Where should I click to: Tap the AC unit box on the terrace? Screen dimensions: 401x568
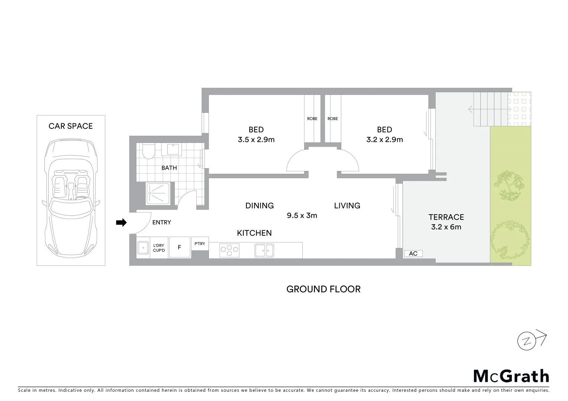[x=413, y=254]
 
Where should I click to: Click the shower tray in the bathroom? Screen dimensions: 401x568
[x=158, y=193]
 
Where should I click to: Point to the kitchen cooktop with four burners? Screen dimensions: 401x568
[x=229, y=250]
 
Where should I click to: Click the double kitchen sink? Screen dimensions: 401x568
[x=264, y=250]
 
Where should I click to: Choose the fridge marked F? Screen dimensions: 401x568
[x=180, y=247]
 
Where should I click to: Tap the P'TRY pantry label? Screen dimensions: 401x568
[x=200, y=244]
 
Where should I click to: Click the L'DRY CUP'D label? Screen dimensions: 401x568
[x=159, y=248]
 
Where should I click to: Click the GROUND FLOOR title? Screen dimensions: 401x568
[x=323, y=289]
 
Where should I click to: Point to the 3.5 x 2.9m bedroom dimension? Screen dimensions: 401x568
[x=256, y=140]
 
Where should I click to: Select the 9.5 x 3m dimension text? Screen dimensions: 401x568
[x=302, y=215]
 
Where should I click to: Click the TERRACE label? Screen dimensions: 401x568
[x=446, y=217]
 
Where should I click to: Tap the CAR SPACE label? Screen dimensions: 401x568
[x=71, y=126]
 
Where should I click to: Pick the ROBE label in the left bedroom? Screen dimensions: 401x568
[x=312, y=119]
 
